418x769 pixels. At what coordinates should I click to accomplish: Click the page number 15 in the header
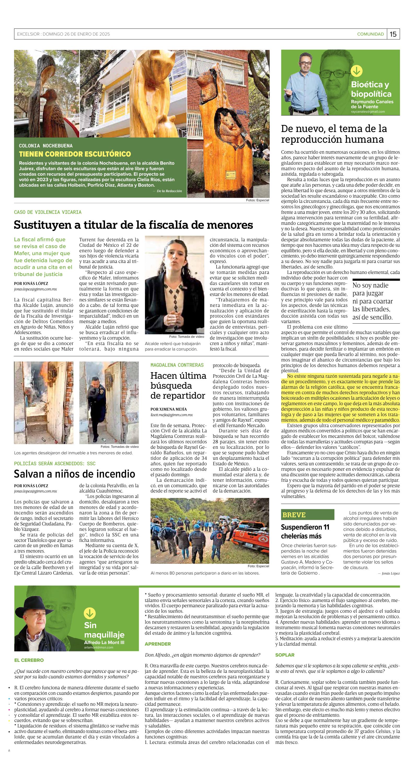click(x=393, y=34)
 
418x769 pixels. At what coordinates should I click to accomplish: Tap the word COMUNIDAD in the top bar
click(x=370, y=34)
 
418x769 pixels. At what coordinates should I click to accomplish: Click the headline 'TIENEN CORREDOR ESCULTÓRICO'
click(x=75, y=154)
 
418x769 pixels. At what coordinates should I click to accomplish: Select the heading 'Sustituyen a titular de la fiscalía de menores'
click(x=133, y=225)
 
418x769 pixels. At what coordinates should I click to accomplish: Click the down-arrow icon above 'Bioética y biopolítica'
click(x=357, y=71)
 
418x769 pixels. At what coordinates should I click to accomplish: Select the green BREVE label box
click(x=307, y=515)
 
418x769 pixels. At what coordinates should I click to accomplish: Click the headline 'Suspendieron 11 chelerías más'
click(x=305, y=531)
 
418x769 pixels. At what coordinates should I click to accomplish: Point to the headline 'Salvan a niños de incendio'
click(x=75, y=474)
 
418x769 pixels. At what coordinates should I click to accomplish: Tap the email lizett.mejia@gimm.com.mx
click(x=172, y=415)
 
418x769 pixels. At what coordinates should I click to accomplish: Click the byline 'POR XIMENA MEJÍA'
click(x=169, y=409)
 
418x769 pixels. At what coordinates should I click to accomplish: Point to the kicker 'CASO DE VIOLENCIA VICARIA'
click(x=48, y=212)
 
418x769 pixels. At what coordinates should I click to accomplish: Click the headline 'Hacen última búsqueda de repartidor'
click(x=178, y=385)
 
